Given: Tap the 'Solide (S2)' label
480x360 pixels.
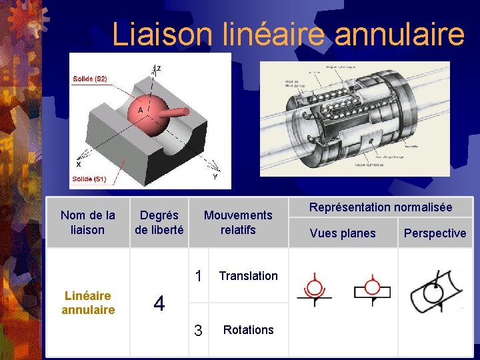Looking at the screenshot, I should point(90,79).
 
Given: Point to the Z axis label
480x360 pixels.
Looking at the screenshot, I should point(158,69).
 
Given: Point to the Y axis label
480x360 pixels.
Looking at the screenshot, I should point(215,177).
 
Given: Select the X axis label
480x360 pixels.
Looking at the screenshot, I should point(79,164).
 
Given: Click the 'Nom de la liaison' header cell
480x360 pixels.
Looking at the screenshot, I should point(87,222).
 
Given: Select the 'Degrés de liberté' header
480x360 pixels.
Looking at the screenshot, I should point(159,222).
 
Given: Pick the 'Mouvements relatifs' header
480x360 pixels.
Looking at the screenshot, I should point(238,222).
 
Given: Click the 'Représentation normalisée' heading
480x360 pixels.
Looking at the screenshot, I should point(381,207).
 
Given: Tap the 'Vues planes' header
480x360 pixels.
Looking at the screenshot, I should point(343,233).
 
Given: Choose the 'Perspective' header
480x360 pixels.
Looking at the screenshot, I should point(435,233).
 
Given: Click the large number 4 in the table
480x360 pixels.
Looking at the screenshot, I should point(159,304).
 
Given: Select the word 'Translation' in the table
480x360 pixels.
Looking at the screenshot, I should point(248,275).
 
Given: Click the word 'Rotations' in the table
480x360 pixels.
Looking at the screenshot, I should point(248,329).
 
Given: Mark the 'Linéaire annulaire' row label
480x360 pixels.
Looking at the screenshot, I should point(87,303).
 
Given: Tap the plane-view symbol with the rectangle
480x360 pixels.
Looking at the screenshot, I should point(372,289).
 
